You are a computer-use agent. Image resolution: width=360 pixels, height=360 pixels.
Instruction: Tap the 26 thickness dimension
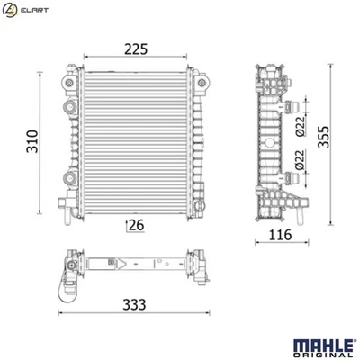136,224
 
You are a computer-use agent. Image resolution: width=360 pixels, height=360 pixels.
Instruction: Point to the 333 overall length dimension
132,306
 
